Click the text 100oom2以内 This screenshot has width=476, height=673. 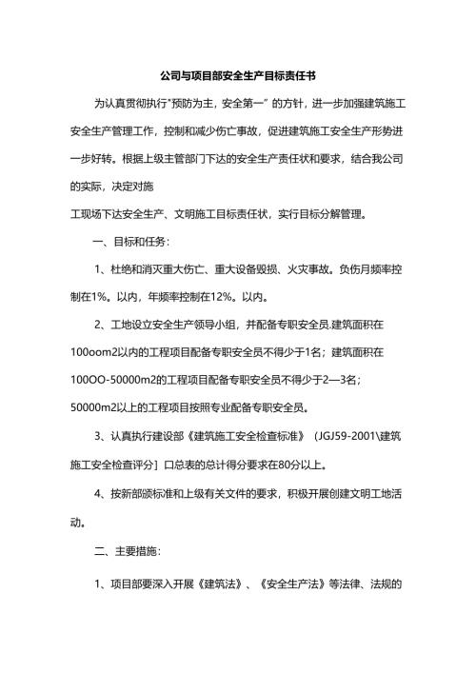(104, 353)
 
